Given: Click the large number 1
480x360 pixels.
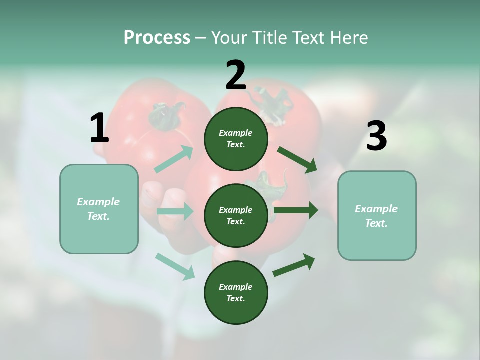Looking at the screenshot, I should click(99, 128).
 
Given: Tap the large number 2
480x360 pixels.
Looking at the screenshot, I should click(236, 75).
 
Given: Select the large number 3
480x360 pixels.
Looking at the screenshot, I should click(376, 136).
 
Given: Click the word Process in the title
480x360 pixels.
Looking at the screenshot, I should click(157, 37).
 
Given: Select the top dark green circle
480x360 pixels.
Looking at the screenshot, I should click(236, 139).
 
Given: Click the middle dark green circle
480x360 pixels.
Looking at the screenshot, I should click(236, 215).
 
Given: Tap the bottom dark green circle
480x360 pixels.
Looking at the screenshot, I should click(236, 292).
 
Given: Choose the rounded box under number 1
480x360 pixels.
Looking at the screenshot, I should click(99, 209).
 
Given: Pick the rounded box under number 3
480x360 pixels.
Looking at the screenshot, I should click(377, 215).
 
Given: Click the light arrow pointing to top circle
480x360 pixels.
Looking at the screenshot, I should click(174, 159).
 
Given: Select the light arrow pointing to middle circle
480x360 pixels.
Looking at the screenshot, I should click(175, 211).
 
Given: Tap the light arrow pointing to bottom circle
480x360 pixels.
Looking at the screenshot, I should click(175, 266).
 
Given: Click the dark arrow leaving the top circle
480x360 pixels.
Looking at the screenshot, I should click(297, 160).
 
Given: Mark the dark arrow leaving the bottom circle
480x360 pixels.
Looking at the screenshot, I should click(294, 265).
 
